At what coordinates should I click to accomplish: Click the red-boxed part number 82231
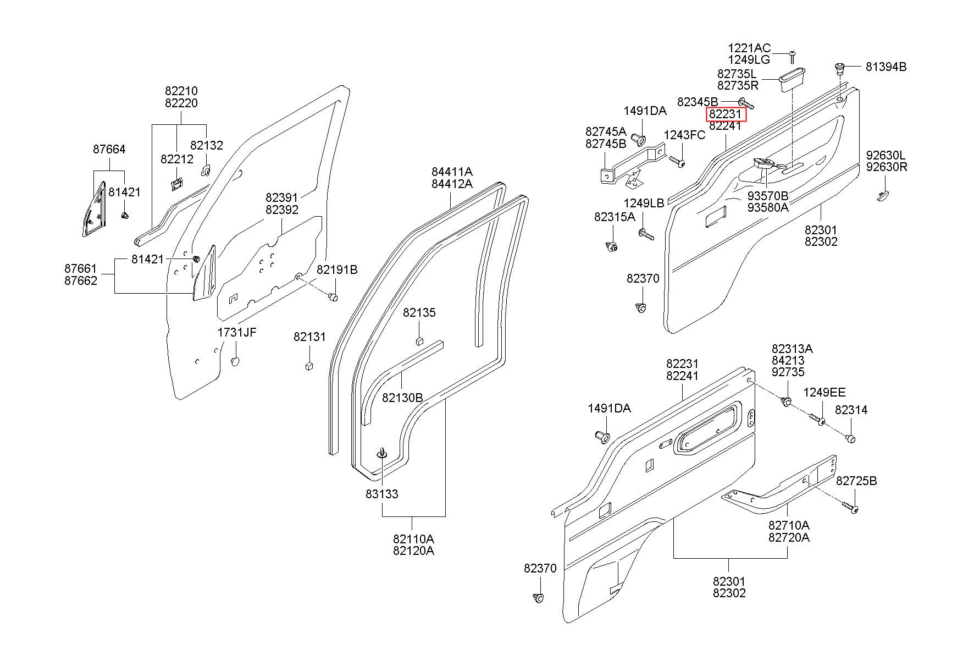(x=726, y=114)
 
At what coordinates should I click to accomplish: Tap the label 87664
(x=109, y=149)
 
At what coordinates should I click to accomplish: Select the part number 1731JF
(x=237, y=332)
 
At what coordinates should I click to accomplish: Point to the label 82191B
(x=337, y=269)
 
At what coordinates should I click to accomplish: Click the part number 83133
(x=382, y=494)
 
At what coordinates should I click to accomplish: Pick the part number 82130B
(x=402, y=397)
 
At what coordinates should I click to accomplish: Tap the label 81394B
(x=886, y=67)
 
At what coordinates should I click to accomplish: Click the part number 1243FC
(x=684, y=135)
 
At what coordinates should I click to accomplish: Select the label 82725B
(x=856, y=481)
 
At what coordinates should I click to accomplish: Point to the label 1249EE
(x=824, y=393)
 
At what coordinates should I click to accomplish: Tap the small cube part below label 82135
(x=419, y=340)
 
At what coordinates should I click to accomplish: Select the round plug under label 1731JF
(x=235, y=362)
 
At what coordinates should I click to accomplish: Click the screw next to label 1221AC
(x=793, y=56)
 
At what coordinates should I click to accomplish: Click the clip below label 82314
(x=850, y=438)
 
